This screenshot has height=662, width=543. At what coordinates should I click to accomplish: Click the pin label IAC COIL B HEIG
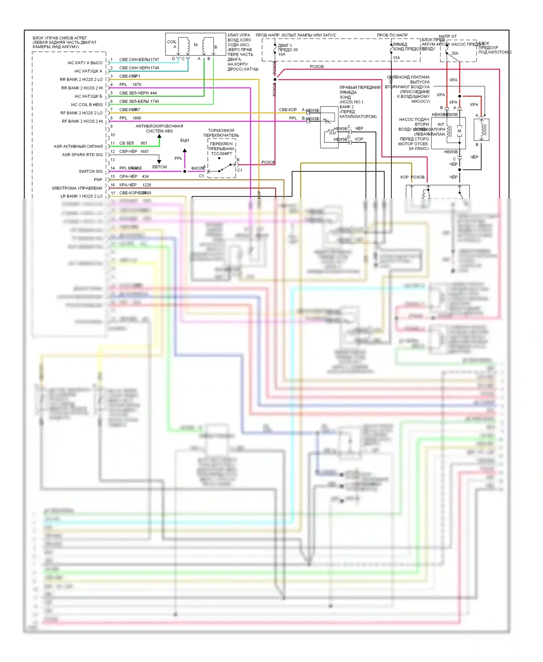87,105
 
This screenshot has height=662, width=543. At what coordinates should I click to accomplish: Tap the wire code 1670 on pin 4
137,85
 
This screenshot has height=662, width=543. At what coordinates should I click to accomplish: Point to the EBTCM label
159,167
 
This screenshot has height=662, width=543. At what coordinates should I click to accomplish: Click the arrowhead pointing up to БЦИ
185,150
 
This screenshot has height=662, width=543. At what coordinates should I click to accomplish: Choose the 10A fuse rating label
282,54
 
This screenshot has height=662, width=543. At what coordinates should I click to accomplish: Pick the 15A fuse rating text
396,58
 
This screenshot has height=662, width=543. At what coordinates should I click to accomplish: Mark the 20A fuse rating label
455,53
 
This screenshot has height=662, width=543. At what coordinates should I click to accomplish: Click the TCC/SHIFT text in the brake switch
221,154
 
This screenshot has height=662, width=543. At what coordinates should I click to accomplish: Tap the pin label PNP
98,180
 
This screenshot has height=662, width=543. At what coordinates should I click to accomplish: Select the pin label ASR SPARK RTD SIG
82,155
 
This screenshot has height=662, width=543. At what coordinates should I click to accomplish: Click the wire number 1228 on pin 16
147,185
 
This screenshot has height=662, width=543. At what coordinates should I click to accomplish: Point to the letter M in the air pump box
459,131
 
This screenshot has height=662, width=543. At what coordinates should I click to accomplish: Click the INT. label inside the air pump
441,125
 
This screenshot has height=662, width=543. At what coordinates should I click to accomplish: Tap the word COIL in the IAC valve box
172,42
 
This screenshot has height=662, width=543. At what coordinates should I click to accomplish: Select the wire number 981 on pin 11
144,143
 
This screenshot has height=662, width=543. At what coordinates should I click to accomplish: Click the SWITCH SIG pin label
90,171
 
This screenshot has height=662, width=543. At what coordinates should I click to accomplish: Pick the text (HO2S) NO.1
351,102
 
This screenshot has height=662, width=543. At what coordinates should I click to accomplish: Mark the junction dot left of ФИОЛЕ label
185,171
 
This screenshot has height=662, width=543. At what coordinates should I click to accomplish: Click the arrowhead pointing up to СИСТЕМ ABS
159,137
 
